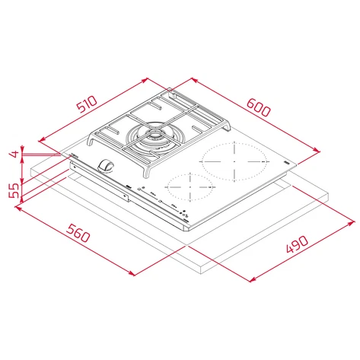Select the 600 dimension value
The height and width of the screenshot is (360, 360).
(x=259, y=108)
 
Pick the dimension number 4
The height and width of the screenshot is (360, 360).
(x=13, y=155)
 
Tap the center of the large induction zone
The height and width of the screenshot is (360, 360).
(x=234, y=161)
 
